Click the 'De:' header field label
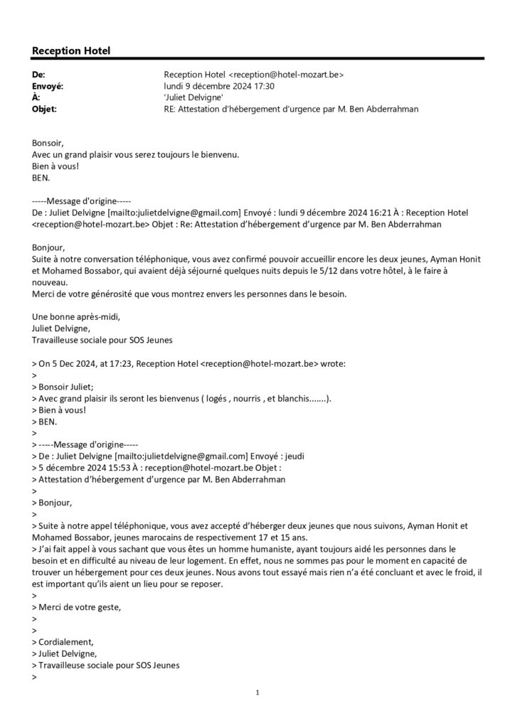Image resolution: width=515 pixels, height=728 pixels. [39, 74]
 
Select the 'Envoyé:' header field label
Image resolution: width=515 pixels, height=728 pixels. [48, 86]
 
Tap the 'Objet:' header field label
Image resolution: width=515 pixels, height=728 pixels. [44, 109]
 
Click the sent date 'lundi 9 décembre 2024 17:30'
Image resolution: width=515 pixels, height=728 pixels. [219, 86]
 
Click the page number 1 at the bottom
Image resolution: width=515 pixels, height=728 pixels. [257, 692]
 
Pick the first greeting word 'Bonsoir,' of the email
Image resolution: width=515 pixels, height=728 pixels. [48, 143]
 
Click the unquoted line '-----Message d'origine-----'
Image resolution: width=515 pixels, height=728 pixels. [82, 201]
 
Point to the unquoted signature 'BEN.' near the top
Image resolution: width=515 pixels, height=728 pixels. [43, 178]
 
